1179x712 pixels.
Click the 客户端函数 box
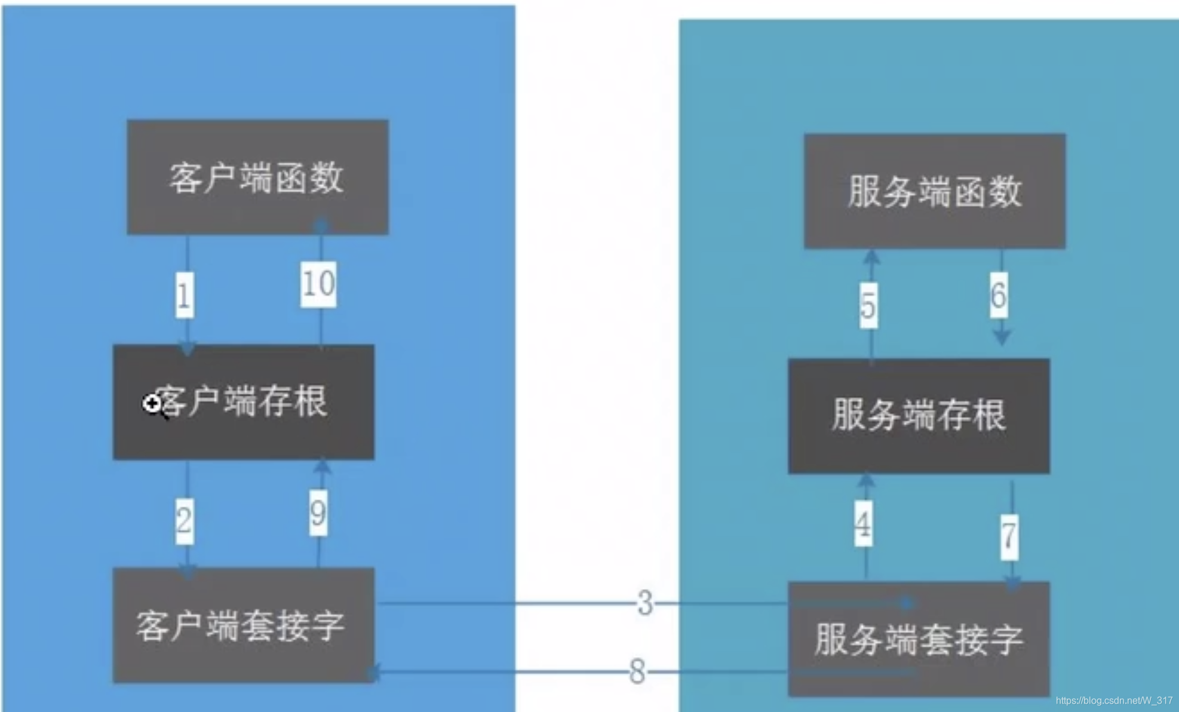click(257, 177)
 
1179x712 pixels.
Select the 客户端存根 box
click(244, 401)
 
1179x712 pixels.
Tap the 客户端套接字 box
click(244, 625)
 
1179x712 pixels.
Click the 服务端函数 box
click(934, 191)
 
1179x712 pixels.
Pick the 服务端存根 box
click(919, 416)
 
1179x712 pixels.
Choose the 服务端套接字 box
click(919, 639)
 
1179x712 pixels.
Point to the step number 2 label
click(185, 520)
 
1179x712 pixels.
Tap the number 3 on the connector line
click(645, 603)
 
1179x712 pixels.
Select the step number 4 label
click(863, 524)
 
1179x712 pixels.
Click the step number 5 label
click(868, 306)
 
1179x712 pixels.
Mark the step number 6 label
click(999, 295)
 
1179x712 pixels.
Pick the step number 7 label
click(1009, 536)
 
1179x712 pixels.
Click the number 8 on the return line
click(637, 671)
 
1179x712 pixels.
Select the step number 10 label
click(318, 284)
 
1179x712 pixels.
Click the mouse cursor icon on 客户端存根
click(153, 404)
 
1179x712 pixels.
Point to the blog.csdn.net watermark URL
click(1114, 700)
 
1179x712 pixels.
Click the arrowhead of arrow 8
click(373, 673)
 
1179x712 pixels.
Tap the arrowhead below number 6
click(1002, 338)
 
